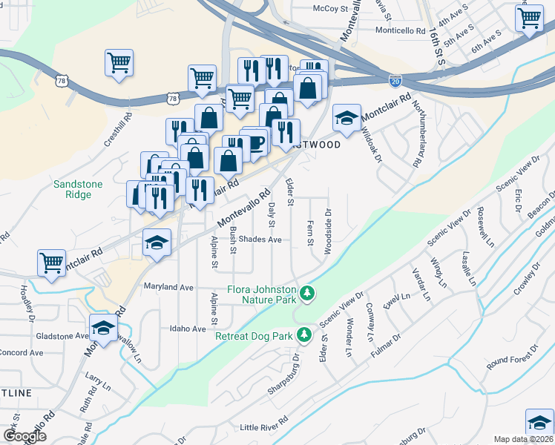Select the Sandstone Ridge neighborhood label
pyautogui.click(x=73, y=189)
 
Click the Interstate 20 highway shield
pyautogui.click(x=395, y=77)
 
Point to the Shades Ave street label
pyautogui.click(x=264, y=240)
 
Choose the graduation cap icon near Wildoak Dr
pyautogui.click(x=347, y=116)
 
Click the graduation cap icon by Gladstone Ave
pyautogui.click(x=104, y=326)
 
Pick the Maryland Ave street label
pyautogui.click(x=168, y=286)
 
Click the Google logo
pyautogui.click(x=24, y=436)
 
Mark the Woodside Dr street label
pyautogui.click(x=327, y=231)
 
